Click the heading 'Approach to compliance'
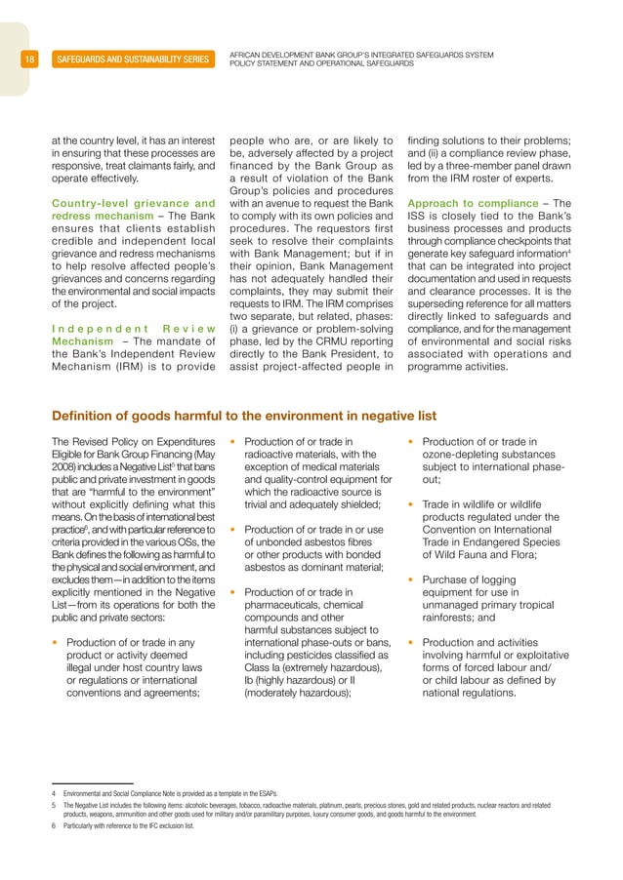(472, 203)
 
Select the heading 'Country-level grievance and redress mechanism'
(133, 210)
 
